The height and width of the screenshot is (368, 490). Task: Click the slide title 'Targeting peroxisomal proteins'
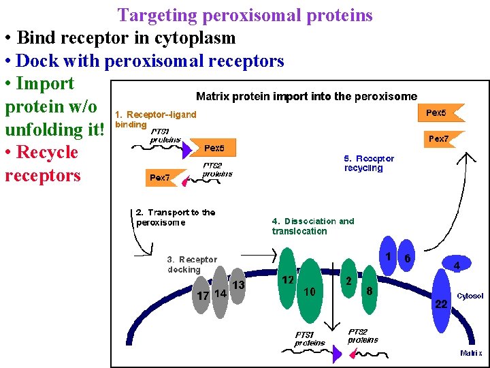tap(245, 15)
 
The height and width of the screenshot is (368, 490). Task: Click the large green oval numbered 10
tap(310, 291)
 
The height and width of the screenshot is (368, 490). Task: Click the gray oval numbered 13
tap(237, 285)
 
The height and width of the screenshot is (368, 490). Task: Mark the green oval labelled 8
tap(368, 291)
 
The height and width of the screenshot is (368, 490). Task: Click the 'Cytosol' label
tap(469, 296)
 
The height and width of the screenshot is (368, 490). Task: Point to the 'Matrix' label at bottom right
tap(472, 353)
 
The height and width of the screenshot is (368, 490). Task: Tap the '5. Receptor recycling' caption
tap(369, 163)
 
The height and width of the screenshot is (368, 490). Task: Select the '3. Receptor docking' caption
tap(192, 264)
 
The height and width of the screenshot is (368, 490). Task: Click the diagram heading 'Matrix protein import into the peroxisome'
tap(306, 97)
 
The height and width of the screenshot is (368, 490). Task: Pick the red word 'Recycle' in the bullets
tap(47, 152)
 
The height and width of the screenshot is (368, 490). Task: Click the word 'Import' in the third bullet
tap(45, 84)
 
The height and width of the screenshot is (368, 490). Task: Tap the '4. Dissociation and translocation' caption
tap(313, 226)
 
